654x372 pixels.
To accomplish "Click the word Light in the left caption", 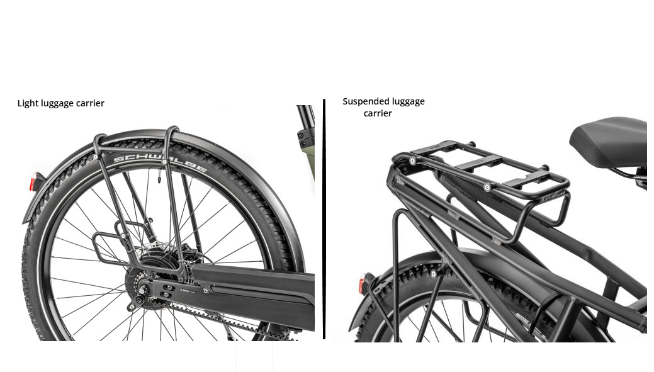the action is point(28,103).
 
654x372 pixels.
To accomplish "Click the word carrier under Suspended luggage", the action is point(378,113).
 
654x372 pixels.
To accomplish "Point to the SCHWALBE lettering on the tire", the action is point(160,164).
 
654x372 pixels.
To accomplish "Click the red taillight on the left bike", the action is point(33,183).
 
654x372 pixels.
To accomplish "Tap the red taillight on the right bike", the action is point(361,284).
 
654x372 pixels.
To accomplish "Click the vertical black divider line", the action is point(324,219).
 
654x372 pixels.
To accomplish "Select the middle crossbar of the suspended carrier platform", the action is point(478,161).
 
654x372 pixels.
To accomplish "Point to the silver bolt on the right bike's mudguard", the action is point(434,274).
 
